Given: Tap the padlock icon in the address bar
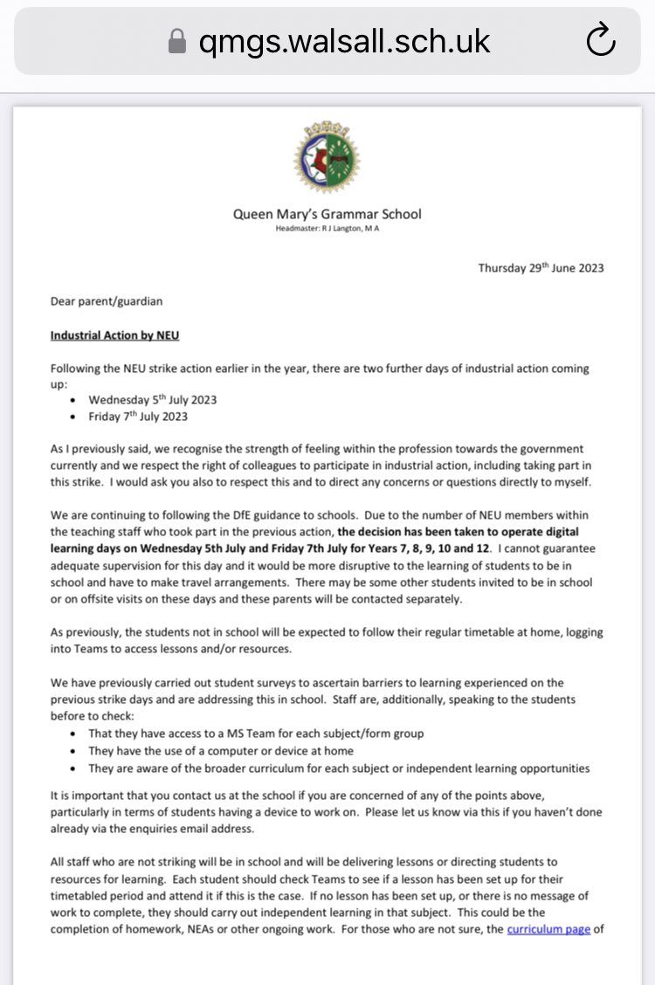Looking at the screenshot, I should click(x=177, y=42).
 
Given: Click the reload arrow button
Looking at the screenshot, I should click(x=600, y=41).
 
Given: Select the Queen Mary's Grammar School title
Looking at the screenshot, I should click(x=327, y=214).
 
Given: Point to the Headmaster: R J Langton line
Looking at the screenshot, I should click(x=327, y=229).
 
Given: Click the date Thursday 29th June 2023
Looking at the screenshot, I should click(x=541, y=268).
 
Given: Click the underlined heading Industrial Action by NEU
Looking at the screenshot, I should click(x=114, y=335).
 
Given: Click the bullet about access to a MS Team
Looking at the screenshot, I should click(x=256, y=734).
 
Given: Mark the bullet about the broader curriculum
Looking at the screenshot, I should click(x=339, y=768).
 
